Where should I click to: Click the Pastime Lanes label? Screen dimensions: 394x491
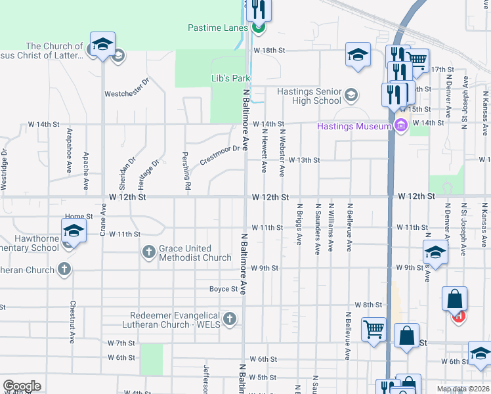[x=217, y=28]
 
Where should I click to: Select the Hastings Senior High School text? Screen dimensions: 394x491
[x=309, y=96]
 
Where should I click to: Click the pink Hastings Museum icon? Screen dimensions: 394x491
[x=400, y=126]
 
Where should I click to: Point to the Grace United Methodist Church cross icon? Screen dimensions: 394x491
[x=149, y=251]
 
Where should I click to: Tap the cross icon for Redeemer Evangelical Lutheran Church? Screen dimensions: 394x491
[x=229, y=318]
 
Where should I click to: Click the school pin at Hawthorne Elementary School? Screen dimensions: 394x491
[x=74, y=232]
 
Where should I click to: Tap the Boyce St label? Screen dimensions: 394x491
[x=223, y=289]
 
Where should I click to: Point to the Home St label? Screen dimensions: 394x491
[x=79, y=216]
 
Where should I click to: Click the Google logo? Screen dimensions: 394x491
[x=22, y=386]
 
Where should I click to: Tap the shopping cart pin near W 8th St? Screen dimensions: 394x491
[x=374, y=328]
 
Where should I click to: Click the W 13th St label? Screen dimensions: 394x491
[x=303, y=160]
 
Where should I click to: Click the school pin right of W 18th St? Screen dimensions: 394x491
[x=358, y=55]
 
